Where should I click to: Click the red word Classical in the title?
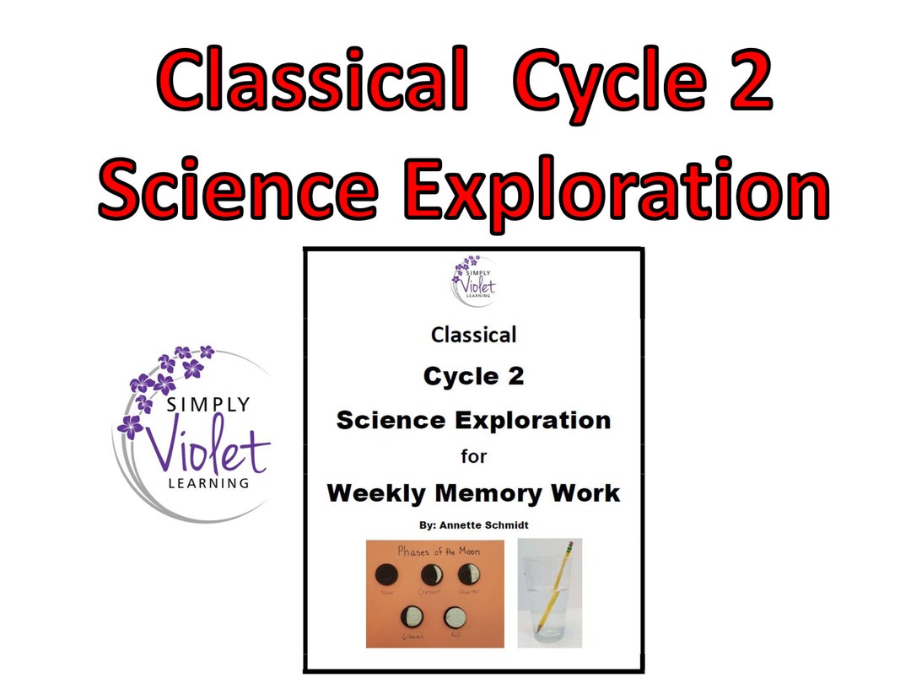[x=312, y=81]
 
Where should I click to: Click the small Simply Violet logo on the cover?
[x=473, y=279]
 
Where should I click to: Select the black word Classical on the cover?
[x=473, y=335]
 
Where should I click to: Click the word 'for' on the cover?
[x=473, y=456]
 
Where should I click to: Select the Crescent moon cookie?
[x=433, y=576]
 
